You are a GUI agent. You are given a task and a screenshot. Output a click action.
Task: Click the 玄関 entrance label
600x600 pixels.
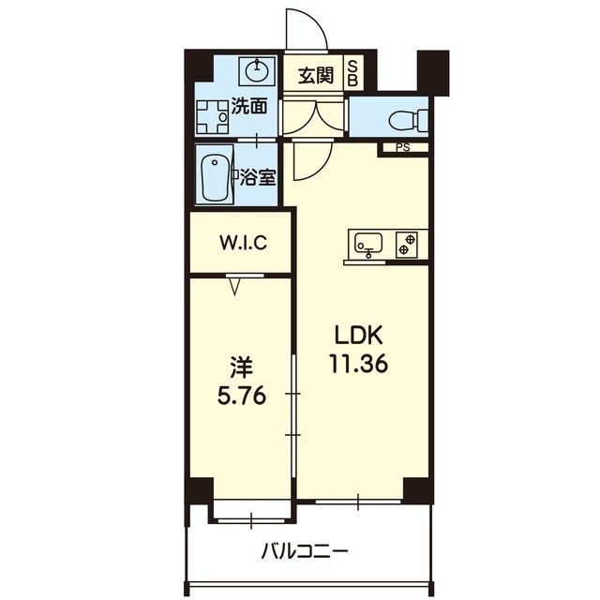[x=316, y=76]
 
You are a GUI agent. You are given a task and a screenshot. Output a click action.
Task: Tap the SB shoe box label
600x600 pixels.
[x=352, y=75]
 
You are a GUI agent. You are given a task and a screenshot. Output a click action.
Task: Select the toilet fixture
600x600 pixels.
[x=409, y=119]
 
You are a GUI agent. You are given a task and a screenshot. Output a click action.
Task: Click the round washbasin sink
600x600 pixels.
[x=257, y=70]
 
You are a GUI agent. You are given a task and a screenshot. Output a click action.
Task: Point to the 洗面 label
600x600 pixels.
[x=249, y=107]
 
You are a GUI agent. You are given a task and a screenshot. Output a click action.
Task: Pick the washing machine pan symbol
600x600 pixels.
[x=213, y=116]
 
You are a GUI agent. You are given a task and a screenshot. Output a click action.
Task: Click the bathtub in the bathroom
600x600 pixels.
[x=216, y=176]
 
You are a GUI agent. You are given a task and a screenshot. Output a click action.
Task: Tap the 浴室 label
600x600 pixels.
[x=258, y=177]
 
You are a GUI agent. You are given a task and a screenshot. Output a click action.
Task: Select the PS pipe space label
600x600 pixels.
[x=402, y=147]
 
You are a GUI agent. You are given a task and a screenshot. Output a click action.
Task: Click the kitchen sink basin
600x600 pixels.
[x=368, y=243]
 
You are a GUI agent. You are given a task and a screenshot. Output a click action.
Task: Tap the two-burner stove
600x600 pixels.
[x=406, y=245]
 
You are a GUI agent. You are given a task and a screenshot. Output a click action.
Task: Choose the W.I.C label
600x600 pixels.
[x=244, y=243]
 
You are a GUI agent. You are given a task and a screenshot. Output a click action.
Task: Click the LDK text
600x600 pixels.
[x=359, y=336]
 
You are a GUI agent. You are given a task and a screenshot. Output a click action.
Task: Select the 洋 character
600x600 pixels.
[x=242, y=367]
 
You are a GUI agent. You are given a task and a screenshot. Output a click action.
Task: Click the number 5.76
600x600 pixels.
[x=242, y=396]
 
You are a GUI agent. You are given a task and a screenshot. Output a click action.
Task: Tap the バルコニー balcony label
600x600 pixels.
[x=305, y=551]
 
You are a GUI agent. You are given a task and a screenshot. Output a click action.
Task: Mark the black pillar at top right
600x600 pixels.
[x=433, y=73]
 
